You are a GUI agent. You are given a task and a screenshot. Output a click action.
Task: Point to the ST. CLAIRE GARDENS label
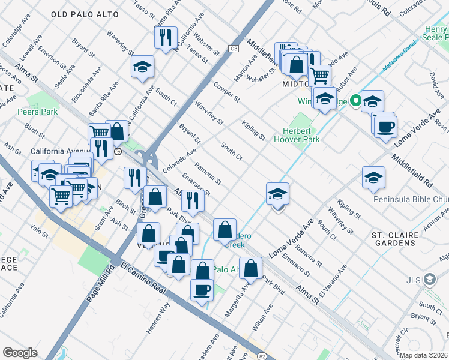pos(394,239)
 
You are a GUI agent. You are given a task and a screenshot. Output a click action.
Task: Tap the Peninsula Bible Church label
pos(411,199)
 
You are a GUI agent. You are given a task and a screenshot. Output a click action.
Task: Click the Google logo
pos(20,352)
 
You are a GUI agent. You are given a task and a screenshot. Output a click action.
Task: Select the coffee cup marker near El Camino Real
pos(202,289)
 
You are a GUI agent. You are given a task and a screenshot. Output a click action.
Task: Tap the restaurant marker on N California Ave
pos(165,36)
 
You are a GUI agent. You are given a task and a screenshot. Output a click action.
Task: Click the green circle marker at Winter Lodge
pos(355,101)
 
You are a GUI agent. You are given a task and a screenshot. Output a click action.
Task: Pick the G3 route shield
pos(234,49)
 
